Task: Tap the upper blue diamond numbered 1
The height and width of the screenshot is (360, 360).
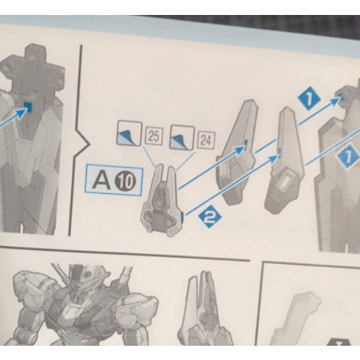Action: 305,97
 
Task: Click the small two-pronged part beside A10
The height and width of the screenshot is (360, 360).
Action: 165,201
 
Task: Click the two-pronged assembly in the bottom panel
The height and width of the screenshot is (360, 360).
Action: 204,307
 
